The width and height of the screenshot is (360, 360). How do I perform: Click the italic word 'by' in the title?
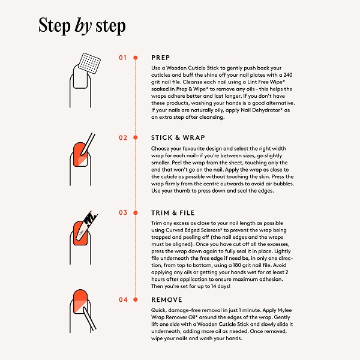(x=83, y=26)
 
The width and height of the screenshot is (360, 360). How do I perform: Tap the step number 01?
(x=123, y=58)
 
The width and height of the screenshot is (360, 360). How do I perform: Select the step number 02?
(x=123, y=138)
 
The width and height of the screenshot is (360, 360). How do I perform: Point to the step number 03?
(x=123, y=212)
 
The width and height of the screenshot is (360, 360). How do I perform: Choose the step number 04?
(x=123, y=299)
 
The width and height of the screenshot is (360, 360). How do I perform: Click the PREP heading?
(x=160, y=58)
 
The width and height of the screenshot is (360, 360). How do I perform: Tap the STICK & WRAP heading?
(x=178, y=137)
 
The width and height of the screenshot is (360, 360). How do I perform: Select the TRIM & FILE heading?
(x=173, y=213)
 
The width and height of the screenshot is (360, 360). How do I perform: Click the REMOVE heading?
(x=167, y=299)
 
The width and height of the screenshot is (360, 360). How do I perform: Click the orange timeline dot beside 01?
(x=136, y=58)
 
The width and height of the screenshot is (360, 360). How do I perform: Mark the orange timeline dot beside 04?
(x=136, y=299)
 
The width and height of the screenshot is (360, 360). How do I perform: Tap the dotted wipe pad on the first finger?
(x=89, y=64)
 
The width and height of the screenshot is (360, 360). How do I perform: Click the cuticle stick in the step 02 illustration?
(x=88, y=144)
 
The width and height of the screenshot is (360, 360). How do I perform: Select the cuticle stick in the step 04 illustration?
(x=89, y=319)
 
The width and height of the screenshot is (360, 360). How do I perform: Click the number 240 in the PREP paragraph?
(x=288, y=75)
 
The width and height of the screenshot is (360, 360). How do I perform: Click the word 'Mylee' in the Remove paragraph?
(x=284, y=310)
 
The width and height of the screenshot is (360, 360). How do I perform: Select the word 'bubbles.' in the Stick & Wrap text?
(x=284, y=184)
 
